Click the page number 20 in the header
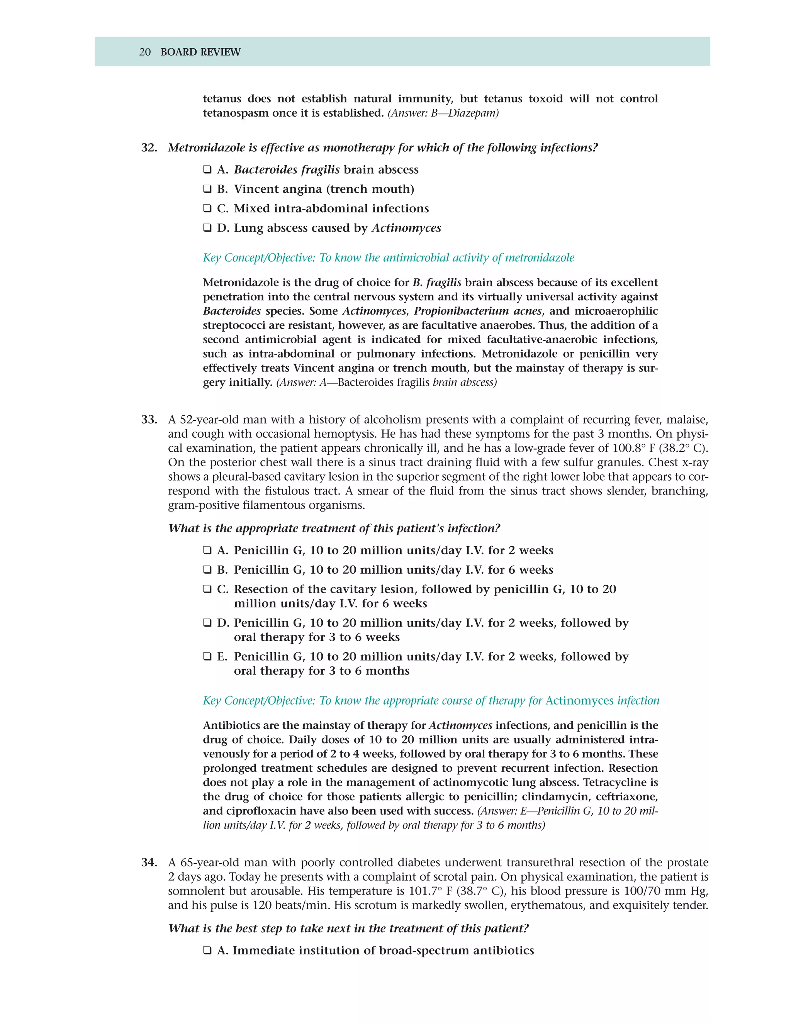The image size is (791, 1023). click(145, 52)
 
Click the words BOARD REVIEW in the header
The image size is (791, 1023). click(200, 52)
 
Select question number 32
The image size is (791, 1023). click(149, 148)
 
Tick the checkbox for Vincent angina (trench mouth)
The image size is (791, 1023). click(207, 189)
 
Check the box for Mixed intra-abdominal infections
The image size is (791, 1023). click(207, 208)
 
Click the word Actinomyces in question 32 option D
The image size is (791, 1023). click(406, 228)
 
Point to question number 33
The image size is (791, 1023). click(149, 420)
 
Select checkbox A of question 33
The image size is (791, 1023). click(207, 550)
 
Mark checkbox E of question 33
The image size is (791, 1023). click(207, 657)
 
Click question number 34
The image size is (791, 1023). click(149, 863)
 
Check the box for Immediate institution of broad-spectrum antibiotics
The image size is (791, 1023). click(207, 951)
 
